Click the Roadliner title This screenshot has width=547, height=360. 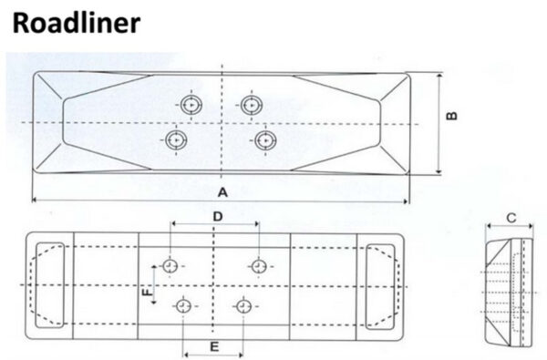[76, 23]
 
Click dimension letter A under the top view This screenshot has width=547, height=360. [222, 192]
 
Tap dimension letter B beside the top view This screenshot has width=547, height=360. [452, 116]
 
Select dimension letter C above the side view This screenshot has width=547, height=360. [511, 218]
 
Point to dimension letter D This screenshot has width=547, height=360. [218, 217]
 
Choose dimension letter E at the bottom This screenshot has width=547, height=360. [214, 346]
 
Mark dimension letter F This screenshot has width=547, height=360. [148, 292]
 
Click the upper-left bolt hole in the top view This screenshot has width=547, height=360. [191, 104]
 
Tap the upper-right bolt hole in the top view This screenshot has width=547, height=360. [252, 104]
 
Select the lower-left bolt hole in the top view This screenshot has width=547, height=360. [176, 140]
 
